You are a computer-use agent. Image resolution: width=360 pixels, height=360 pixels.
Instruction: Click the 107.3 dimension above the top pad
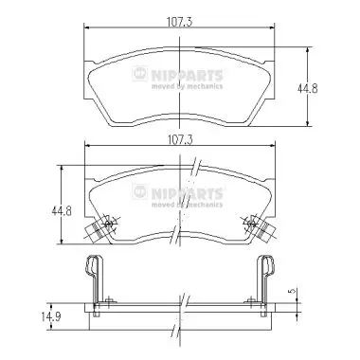(179, 22)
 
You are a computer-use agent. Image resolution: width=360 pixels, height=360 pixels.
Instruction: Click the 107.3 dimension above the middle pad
(179, 139)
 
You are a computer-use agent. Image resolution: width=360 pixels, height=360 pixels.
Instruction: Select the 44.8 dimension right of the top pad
(307, 88)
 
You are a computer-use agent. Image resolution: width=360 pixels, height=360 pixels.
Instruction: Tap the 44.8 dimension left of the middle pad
(62, 210)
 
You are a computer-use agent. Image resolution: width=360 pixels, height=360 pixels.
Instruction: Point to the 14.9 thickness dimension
(50, 316)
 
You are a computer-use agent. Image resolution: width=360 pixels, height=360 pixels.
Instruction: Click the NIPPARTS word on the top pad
(187, 76)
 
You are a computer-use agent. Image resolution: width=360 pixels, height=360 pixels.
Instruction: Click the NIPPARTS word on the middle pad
(187, 193)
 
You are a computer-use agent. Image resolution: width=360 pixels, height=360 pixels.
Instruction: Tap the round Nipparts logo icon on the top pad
(139, 74)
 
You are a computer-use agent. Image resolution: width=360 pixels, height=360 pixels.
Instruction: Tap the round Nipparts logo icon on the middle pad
(139, 191)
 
